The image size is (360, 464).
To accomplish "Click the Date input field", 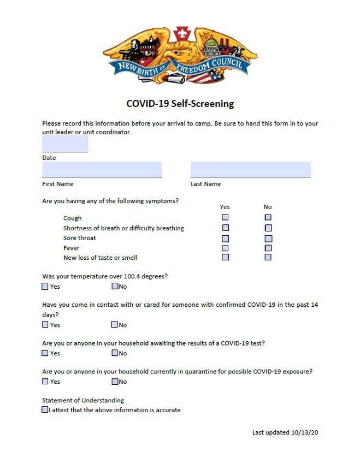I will pyautogui.click(x=65, y=144).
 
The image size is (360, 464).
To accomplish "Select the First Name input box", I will pyautogui.click(x=102, y=170).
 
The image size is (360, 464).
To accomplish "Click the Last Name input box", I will pyautogui.click(x=251, y=170).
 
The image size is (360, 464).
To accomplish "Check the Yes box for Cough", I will pyautogui.click(x=225, y=218).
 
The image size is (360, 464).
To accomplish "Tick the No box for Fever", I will pyautogui.click(x=268, y=248).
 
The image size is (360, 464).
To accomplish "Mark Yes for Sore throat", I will pyautogui.click(x=225, y=238).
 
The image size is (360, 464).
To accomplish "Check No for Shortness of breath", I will pyautogui.click(x=268, y=228).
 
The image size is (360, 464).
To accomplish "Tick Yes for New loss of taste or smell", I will pyautogui.click(x=225, y=257).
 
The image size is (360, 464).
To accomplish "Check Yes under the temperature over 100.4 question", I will pyautogui.click(x=45, y=286).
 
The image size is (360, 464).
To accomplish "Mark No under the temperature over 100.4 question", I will pyautogui.click(x=115, y=286).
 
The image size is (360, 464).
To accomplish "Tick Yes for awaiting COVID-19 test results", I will pyautogui.click(x=45, y=353).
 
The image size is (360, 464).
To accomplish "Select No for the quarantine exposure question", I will pyautogui.click(x=115, y=382).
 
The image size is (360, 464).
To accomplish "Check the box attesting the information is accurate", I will pyautogui.click(x=45, y=410).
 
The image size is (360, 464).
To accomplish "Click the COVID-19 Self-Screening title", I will pyautogui.click(x=180, y=103).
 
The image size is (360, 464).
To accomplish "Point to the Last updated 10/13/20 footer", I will pyautogui.click(x=285, y=432).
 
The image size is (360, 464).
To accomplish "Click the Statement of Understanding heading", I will pyautogui.click(x=83, y=400).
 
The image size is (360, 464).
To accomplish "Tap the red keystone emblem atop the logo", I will pyautogui.click(x=180, y=34).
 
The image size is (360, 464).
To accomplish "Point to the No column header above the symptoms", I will pyautogui.click(x=268, y=207).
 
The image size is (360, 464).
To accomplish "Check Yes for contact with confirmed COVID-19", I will pyautogui.click(x=45, y=325).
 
